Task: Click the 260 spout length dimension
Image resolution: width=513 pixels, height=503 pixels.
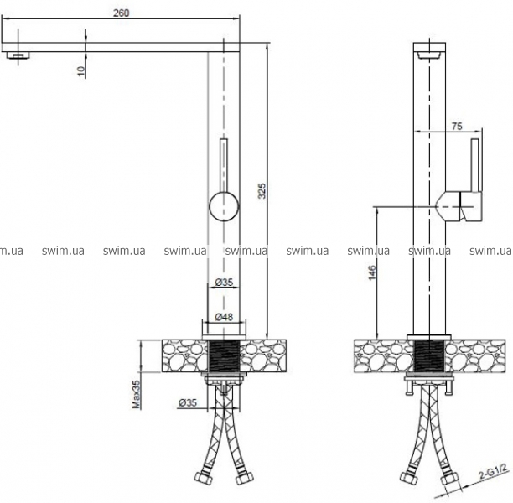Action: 121,13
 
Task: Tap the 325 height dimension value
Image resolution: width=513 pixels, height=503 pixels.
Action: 262,191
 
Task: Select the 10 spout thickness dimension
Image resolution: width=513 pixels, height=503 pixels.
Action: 80,71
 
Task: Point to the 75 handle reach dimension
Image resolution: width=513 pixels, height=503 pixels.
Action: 457,126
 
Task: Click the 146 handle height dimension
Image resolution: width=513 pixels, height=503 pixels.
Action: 372,272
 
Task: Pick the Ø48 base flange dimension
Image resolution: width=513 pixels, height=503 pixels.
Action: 224,317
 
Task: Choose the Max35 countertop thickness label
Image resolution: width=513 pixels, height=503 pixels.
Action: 136,394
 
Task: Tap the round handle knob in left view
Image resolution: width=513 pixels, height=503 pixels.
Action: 224,206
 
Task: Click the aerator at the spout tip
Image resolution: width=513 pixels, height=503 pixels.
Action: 18,55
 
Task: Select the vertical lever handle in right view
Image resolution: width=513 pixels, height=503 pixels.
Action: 475,165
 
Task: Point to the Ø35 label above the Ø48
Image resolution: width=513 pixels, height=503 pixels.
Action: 224,282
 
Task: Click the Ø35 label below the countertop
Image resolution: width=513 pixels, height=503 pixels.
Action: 188,402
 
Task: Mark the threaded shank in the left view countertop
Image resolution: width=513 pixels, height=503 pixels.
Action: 224,355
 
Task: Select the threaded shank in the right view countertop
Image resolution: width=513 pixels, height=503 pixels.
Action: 429,355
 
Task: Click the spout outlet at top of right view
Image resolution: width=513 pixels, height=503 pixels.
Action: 429,55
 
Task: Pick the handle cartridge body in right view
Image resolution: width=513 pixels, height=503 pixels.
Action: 458,206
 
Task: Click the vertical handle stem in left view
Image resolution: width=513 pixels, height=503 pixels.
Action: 224,166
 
